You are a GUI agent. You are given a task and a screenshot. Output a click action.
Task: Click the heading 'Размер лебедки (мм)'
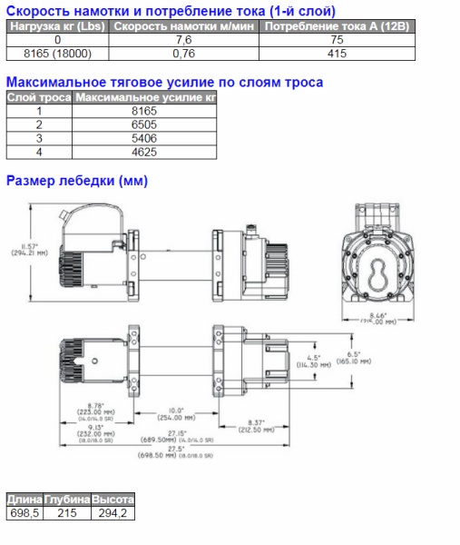77,181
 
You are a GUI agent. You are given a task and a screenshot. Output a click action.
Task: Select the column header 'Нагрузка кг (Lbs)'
58,27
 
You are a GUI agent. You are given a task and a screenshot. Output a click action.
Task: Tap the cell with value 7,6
183,41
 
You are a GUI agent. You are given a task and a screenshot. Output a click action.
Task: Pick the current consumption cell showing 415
338,54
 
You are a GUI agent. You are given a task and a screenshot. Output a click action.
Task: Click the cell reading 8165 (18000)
58,54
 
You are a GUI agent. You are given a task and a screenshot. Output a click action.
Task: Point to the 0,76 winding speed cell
183,54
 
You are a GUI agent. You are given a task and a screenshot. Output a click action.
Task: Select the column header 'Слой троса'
39,96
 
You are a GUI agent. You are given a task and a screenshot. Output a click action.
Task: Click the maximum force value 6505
145,124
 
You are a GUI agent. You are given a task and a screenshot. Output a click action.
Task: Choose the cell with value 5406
145,138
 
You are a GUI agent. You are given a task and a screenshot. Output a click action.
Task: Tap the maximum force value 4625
145,152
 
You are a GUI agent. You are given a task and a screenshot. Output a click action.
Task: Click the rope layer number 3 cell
39,138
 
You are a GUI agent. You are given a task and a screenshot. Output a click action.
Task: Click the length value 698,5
25,513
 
